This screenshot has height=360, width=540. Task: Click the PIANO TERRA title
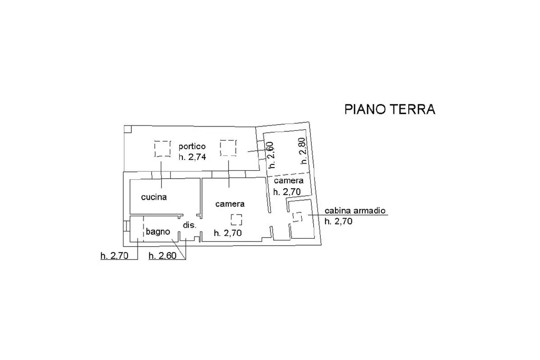[x=390, y=109]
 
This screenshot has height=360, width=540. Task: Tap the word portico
[x=192, y=147]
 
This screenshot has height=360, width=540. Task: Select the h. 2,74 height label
[x=192, y=157]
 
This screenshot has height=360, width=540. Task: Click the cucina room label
[x=154, y=197]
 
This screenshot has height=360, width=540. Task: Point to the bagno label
[x=158, y=231]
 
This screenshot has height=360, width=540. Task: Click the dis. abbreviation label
[x=189, y=225]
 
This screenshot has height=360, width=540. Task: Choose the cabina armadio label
[x=355, y=210]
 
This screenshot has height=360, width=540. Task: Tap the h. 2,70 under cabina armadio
[x=339, y=221]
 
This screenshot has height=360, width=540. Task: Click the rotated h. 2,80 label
[x=302, y=151]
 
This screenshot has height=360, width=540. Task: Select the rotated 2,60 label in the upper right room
[x=271, y=155]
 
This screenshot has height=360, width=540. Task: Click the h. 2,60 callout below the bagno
[x=162, y=256]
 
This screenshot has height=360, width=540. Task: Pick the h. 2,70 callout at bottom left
[x=114, y=256]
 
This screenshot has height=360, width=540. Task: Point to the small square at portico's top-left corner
[x=128, y=129]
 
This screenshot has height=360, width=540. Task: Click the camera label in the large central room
[x=230, y=204]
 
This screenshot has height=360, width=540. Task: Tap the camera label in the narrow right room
[x=288, y=181]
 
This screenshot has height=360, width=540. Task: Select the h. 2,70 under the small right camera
[x=287, y=192]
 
